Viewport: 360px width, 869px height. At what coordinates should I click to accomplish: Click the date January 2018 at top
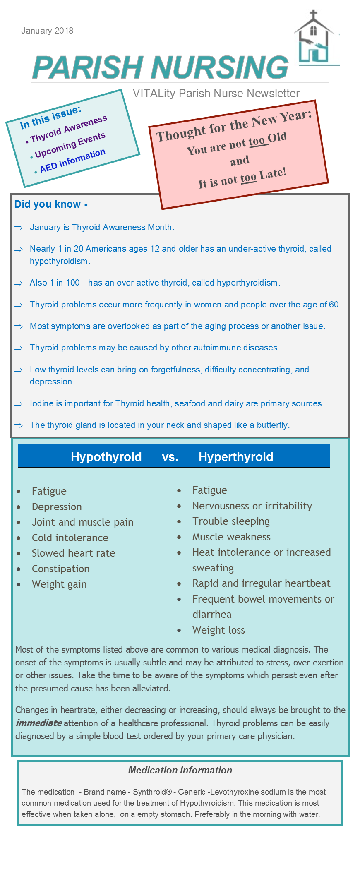click(x=47, y=31)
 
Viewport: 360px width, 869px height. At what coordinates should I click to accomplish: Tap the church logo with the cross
click(x=314, y=39)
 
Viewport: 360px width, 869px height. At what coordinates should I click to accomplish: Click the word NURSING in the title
click(x=219, y=67)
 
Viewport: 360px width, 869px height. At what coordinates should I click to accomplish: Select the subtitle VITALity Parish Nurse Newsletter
click(x=216, y=94)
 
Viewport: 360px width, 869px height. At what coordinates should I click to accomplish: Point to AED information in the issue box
click(x=72, y=161)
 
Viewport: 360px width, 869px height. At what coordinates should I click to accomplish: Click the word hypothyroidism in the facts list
click(x=59, y=261)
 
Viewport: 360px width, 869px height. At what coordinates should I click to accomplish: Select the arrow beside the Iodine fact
click(x=19, y=404)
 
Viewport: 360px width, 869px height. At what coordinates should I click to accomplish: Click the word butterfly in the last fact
click(x=272, y=425)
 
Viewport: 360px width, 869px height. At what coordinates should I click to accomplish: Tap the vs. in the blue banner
click(x=170, y=457)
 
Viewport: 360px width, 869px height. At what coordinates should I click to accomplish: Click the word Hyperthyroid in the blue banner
click(x=236, y=457)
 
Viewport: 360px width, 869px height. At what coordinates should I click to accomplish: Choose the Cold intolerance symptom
click(x=70, y=538)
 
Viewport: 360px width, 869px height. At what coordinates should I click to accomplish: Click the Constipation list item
click(x=61, y=569)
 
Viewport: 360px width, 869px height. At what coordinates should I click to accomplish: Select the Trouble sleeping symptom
click(x=231, y=521)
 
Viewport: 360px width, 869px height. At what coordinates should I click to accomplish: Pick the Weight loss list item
click(x=218, y=630)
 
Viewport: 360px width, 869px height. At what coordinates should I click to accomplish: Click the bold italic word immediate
click(x=39, y=723)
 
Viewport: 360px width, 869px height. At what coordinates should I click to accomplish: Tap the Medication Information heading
click(x=180, y=770)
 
